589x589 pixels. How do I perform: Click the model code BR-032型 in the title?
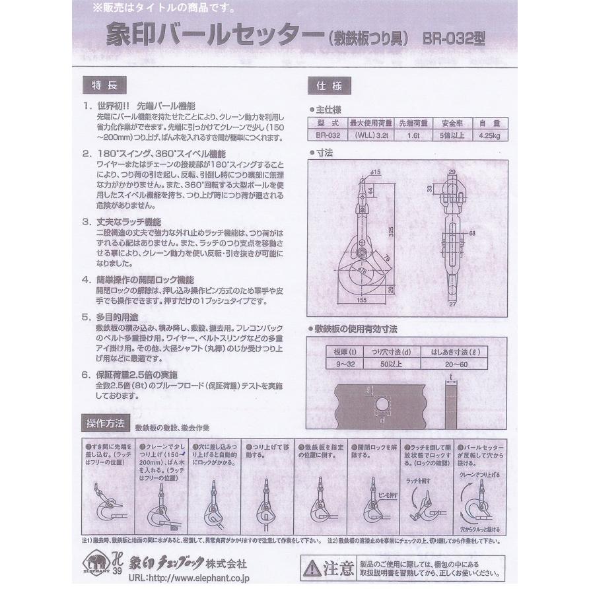tap(454, 39)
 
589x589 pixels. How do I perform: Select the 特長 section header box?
tap(101, 85)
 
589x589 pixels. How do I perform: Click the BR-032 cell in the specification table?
tap(328, 136)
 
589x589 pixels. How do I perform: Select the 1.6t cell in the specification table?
tap(413, 136)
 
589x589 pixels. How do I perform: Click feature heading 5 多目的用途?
tap(119, 317)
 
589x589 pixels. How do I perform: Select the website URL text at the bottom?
tap(178, 578)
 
